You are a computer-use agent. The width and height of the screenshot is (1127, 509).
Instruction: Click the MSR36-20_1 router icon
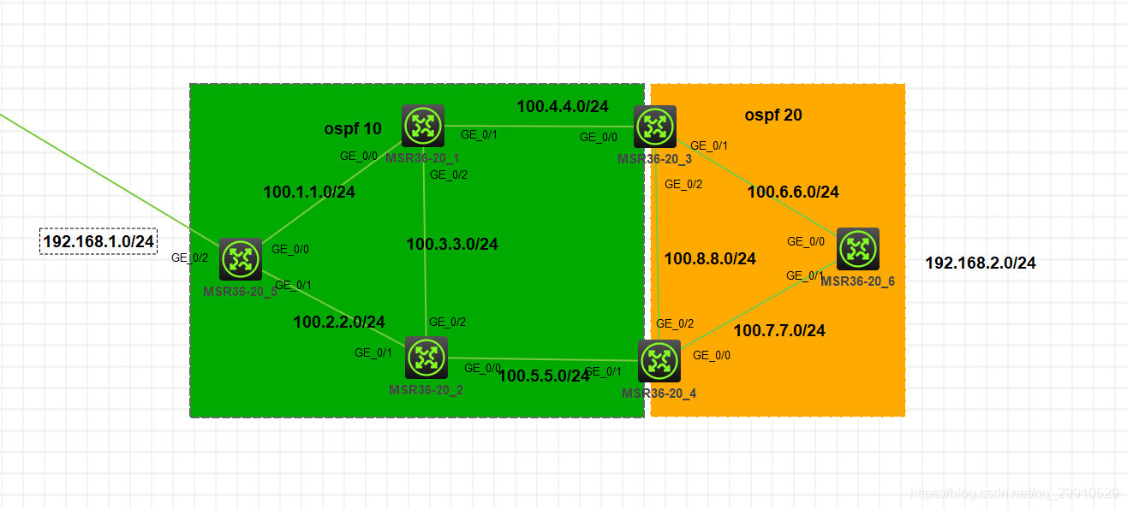[423, 126]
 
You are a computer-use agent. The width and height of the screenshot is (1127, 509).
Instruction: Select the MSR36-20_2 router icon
[426, 358]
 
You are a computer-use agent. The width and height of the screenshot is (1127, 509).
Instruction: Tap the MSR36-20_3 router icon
[655, 127]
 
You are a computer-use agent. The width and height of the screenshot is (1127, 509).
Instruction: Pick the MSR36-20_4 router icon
[659, 361]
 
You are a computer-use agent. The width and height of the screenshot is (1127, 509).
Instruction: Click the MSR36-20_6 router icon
[857, 249]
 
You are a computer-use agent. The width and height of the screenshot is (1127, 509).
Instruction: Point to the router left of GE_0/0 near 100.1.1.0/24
[241, 259]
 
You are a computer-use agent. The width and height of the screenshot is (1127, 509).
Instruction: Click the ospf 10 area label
[353, 129]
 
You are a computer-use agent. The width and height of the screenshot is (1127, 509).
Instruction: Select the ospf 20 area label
[773, 115]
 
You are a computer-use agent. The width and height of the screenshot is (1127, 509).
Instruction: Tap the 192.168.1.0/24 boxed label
[99, 242]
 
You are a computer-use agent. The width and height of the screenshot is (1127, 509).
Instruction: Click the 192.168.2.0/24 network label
[981, 263]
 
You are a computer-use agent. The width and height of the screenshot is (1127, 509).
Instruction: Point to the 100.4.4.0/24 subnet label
[563, 107]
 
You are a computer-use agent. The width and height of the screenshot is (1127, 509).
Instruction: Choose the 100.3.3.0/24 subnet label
[452, 245]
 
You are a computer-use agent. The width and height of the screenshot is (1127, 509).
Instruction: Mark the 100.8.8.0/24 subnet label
[710, 258]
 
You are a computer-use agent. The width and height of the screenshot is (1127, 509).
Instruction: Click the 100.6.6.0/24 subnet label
[793, 192]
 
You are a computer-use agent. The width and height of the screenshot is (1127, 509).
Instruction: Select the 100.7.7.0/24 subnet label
[779, 330]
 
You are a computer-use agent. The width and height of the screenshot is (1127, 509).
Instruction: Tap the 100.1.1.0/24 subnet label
[309, 192]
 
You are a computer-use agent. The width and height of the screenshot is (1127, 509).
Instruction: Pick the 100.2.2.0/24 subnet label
[339, 323]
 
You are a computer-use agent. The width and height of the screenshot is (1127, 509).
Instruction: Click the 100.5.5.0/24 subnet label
[544, 376]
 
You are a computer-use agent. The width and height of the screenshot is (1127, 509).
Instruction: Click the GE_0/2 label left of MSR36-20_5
[190, 257]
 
